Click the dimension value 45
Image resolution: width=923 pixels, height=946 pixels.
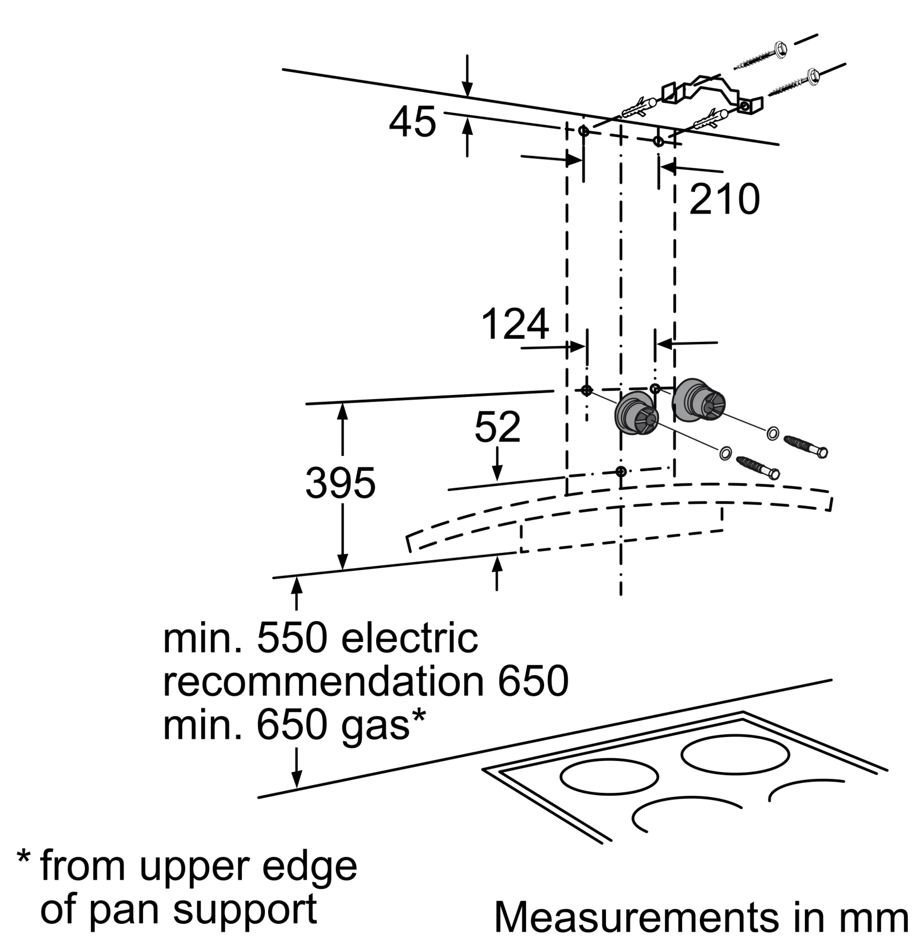pos(413,122)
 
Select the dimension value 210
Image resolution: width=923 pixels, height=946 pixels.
pos(724,199)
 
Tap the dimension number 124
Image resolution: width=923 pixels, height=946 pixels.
pos(515,324)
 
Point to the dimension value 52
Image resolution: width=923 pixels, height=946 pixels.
pos(497,427)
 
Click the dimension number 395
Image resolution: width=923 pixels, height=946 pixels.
pos(340,483)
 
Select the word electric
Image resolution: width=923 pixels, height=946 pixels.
pos(410,639)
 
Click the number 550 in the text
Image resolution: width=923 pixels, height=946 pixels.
pos(292,639)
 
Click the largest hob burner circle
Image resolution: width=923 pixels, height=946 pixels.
pos(735,755)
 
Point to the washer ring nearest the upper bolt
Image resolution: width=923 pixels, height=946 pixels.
pos(773,433)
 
